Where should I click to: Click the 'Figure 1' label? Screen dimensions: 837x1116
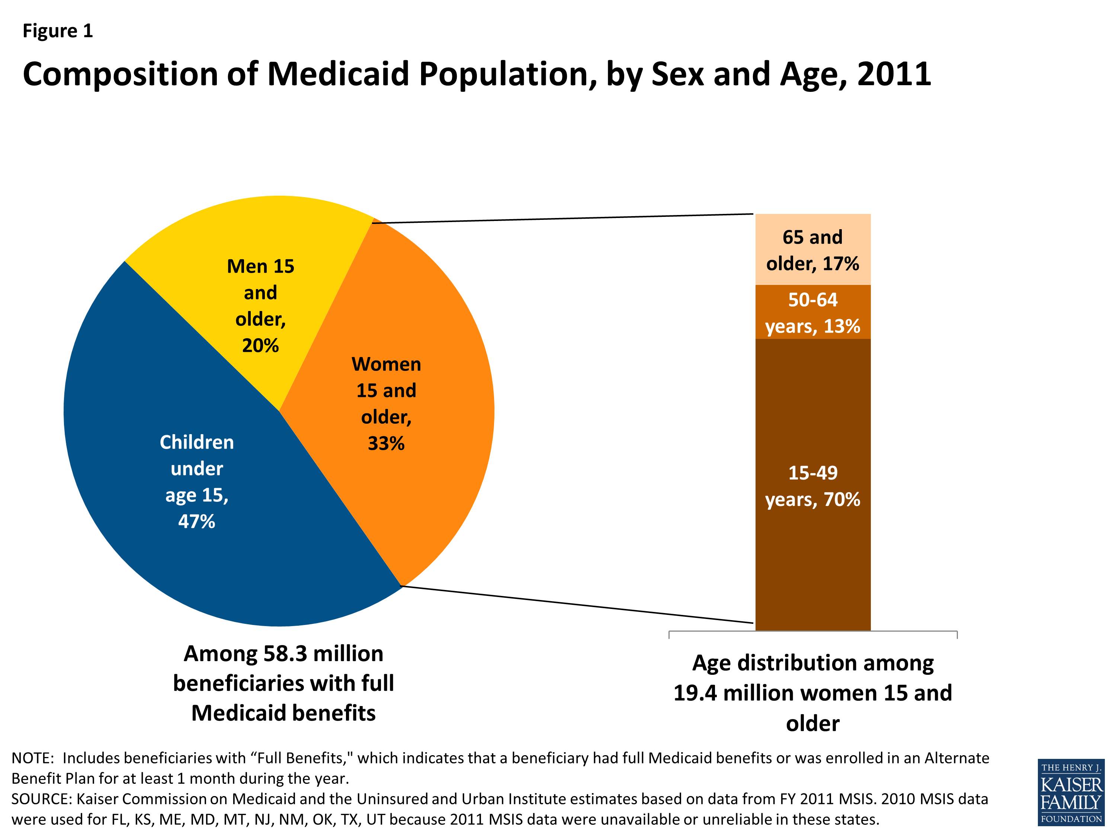[58, 31]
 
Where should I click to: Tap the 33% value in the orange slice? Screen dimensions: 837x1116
[386, 443]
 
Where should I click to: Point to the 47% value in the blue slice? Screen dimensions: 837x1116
[196, 522]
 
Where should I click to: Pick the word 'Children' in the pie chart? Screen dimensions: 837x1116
[196, 442]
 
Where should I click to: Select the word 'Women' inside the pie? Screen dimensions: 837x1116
[386, 364]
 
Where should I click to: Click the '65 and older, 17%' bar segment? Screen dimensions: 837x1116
[812, 250]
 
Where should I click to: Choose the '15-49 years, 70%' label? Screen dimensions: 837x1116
[812, 486]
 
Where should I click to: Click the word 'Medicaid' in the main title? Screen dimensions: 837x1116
[337, 74]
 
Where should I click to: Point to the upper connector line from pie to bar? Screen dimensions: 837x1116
[562, 218]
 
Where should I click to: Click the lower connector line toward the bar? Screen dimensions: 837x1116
[578, 604]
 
